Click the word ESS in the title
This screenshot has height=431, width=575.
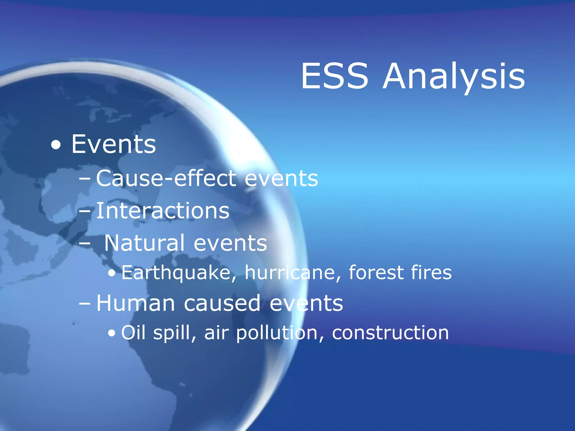point(334,76)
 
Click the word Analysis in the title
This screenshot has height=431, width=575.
point(454,76)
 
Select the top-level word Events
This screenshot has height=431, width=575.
point(113,144)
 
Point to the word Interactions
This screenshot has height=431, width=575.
point(163,211)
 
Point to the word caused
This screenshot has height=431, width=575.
point(222,304)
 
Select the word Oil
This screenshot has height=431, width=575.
point(133,333)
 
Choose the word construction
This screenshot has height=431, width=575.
point(390,333)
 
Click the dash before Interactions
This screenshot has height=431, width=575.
point(85,211)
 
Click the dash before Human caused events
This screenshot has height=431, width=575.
point(85,304)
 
